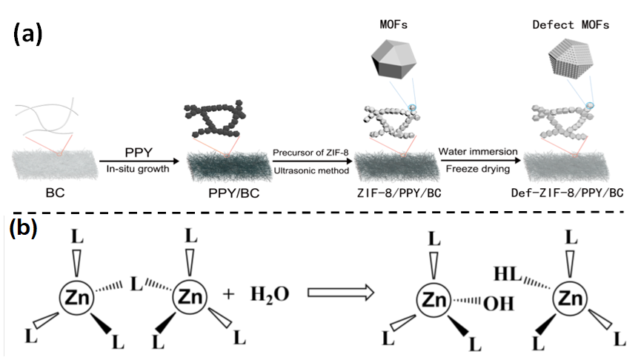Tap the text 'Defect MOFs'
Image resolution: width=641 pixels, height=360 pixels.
[571, 25]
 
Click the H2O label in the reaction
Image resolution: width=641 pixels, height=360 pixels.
[269, 296]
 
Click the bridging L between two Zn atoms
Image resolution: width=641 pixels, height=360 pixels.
[136, 284]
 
